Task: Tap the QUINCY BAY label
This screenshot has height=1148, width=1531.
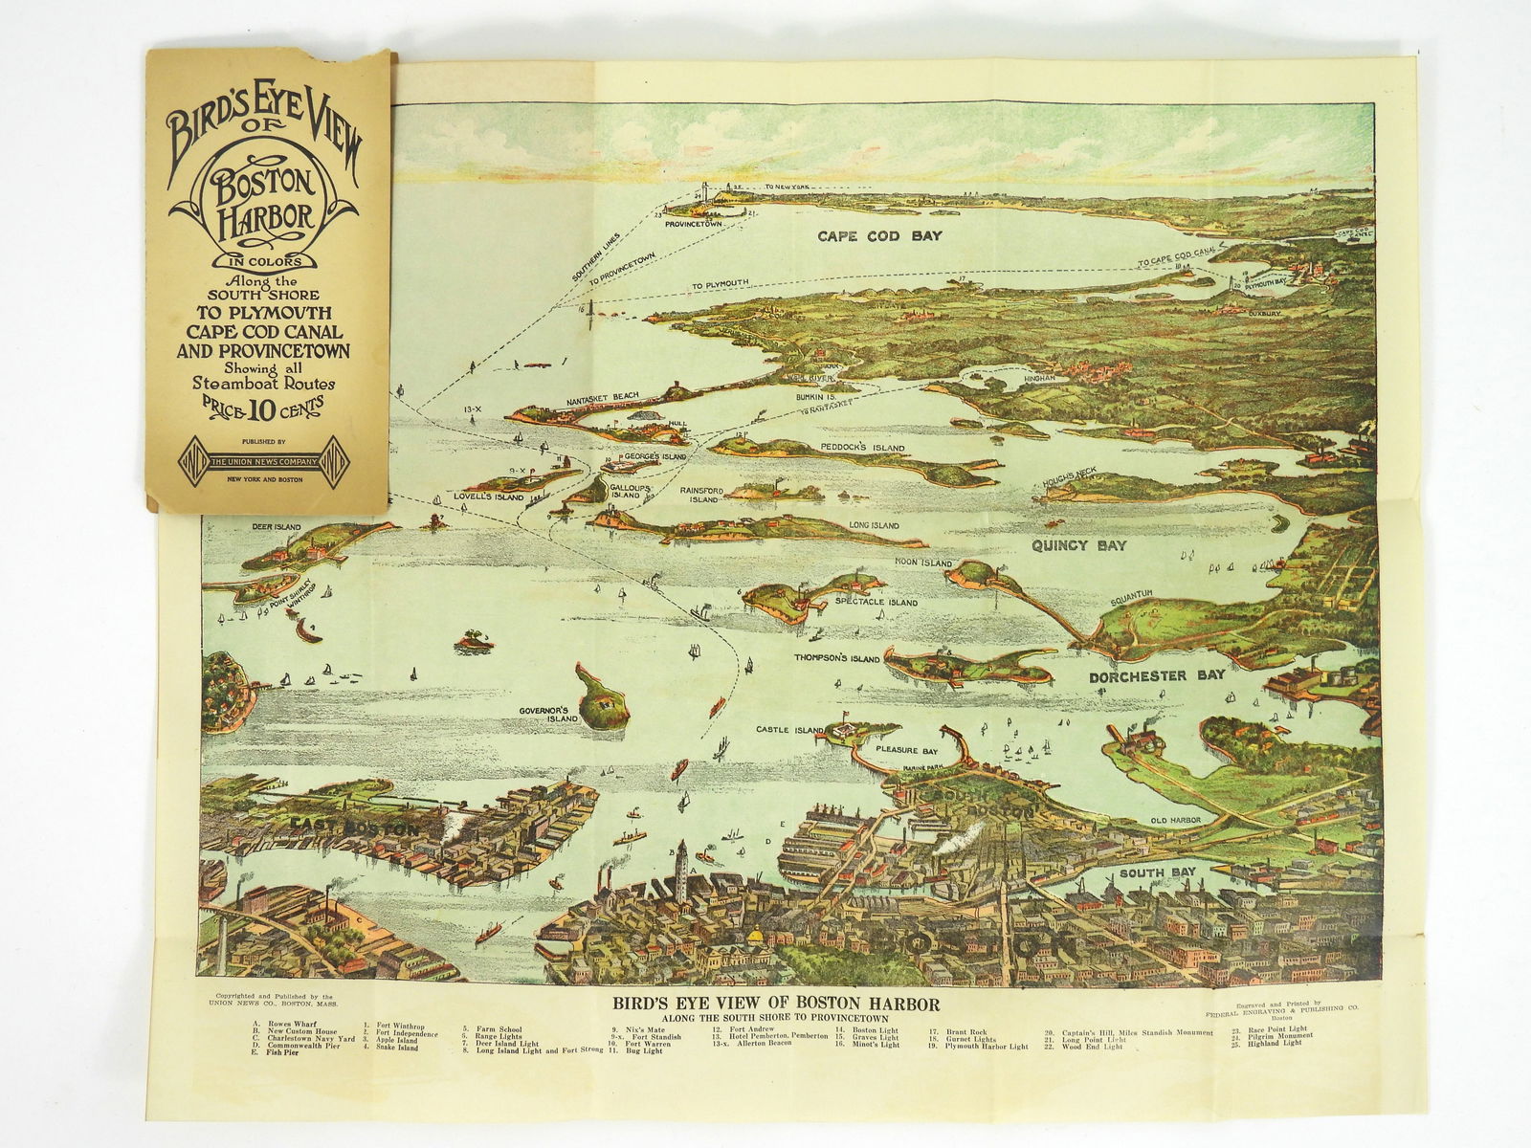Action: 1078,545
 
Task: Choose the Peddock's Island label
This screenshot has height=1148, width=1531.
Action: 862,447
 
